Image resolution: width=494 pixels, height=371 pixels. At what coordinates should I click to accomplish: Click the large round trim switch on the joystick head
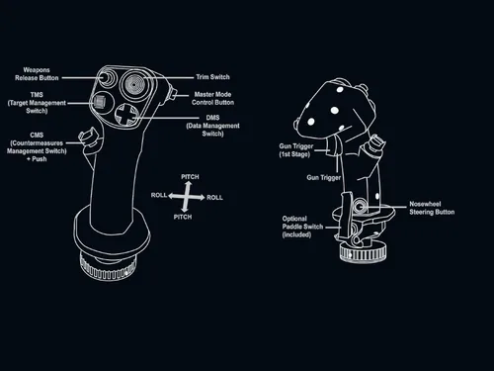click(133, 82)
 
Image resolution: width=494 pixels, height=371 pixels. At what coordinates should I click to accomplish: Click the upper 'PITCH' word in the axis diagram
click(189, 177)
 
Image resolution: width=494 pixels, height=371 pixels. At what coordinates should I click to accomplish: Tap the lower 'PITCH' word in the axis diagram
click(183, 216)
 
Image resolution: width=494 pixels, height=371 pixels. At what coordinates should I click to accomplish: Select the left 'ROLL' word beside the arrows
click(159, 196)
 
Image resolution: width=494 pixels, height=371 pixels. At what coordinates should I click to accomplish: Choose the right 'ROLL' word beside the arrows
click(214, 197)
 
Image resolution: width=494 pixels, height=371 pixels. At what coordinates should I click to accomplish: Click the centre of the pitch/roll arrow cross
click(187, 196)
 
